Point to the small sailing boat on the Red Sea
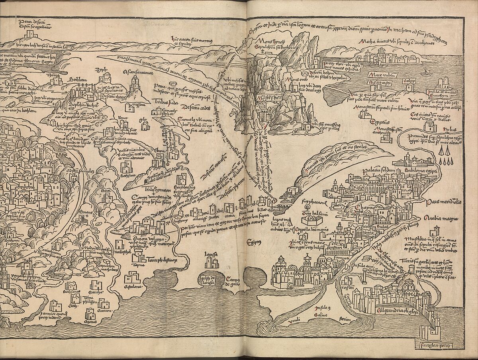(425, 73)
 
